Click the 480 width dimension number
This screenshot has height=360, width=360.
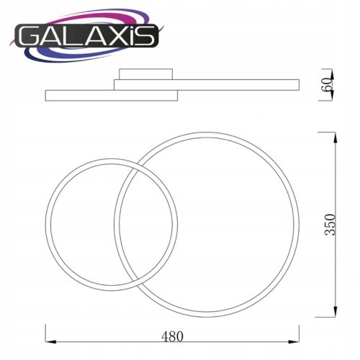pos(172,336)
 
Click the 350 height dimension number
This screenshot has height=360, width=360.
pos(330,225)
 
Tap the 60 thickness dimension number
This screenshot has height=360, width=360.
pos(328,84)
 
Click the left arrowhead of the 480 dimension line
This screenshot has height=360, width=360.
pos(50,341)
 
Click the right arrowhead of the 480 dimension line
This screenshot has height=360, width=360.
pos(294,341)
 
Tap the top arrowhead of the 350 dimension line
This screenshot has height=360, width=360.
pos(336,138)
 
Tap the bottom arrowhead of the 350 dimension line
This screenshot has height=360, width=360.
pos(336,311)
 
